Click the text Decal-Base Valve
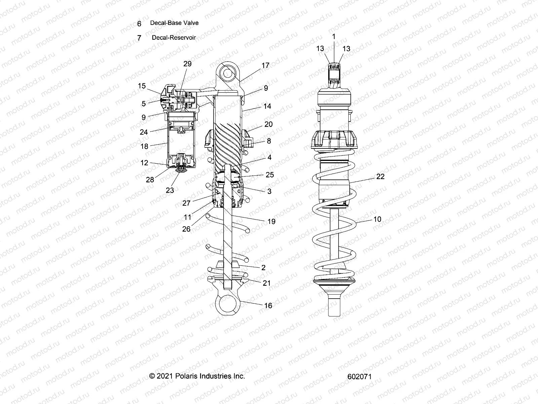click(x=174, y=23)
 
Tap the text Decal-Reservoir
click(x=174, y=38)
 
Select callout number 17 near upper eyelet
click(x=265, y=65)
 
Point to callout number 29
click(x=187, y=64)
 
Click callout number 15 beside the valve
click(x=142, y=86)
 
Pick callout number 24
click(x=144, y=132)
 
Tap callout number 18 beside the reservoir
click(x=144, y=146)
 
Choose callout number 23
click(x=170, y=190)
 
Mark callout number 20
click(x=268, y=124)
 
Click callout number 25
click(x=270, y=175)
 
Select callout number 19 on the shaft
click(x=271, y=221)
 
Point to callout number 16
click(x=268, y=305)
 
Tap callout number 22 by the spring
click(x=380, y=176)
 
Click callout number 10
click(x=377, y=219)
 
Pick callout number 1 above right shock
click(x=334, y=36)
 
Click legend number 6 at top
click(x=139, y=24)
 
